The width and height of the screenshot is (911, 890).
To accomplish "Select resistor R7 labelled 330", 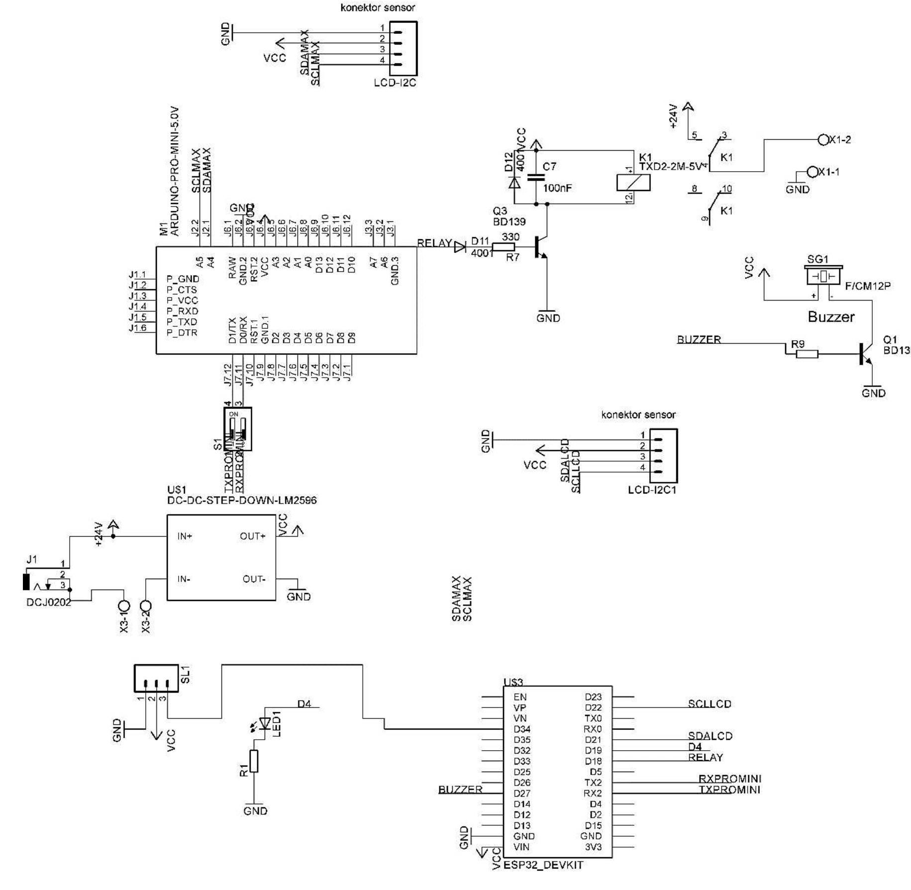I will [x=504, y=247].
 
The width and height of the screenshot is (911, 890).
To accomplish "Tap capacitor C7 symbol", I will [x=536, y=177].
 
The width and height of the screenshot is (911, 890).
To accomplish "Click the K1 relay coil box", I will [x=633, y=183].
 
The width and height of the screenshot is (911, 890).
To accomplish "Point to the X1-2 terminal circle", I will [x=823, y=140].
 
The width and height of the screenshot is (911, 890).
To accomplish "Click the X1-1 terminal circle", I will [x=812, y=172].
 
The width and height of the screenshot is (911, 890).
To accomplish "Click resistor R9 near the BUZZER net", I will [x=807, y=354].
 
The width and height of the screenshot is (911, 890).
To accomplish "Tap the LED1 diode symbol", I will [x=265, y=723].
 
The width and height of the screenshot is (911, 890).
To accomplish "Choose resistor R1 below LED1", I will [x=254, y=761].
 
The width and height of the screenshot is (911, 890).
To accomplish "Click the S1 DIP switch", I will [x=238, y=429].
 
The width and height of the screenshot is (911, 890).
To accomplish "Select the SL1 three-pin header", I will [x=156, y=678].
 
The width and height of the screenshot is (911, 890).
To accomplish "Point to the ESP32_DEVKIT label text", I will [x=543, y=865].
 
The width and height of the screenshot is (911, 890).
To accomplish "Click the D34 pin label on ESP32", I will [x=522, y=729].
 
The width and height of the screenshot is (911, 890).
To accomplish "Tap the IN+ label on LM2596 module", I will [x=185, y=536].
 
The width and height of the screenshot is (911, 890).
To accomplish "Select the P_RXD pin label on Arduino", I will [x=182, y=311].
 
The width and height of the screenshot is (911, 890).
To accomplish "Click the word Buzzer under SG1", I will [x=830, y=317].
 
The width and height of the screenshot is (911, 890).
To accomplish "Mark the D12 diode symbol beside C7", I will [x=514, y=182].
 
